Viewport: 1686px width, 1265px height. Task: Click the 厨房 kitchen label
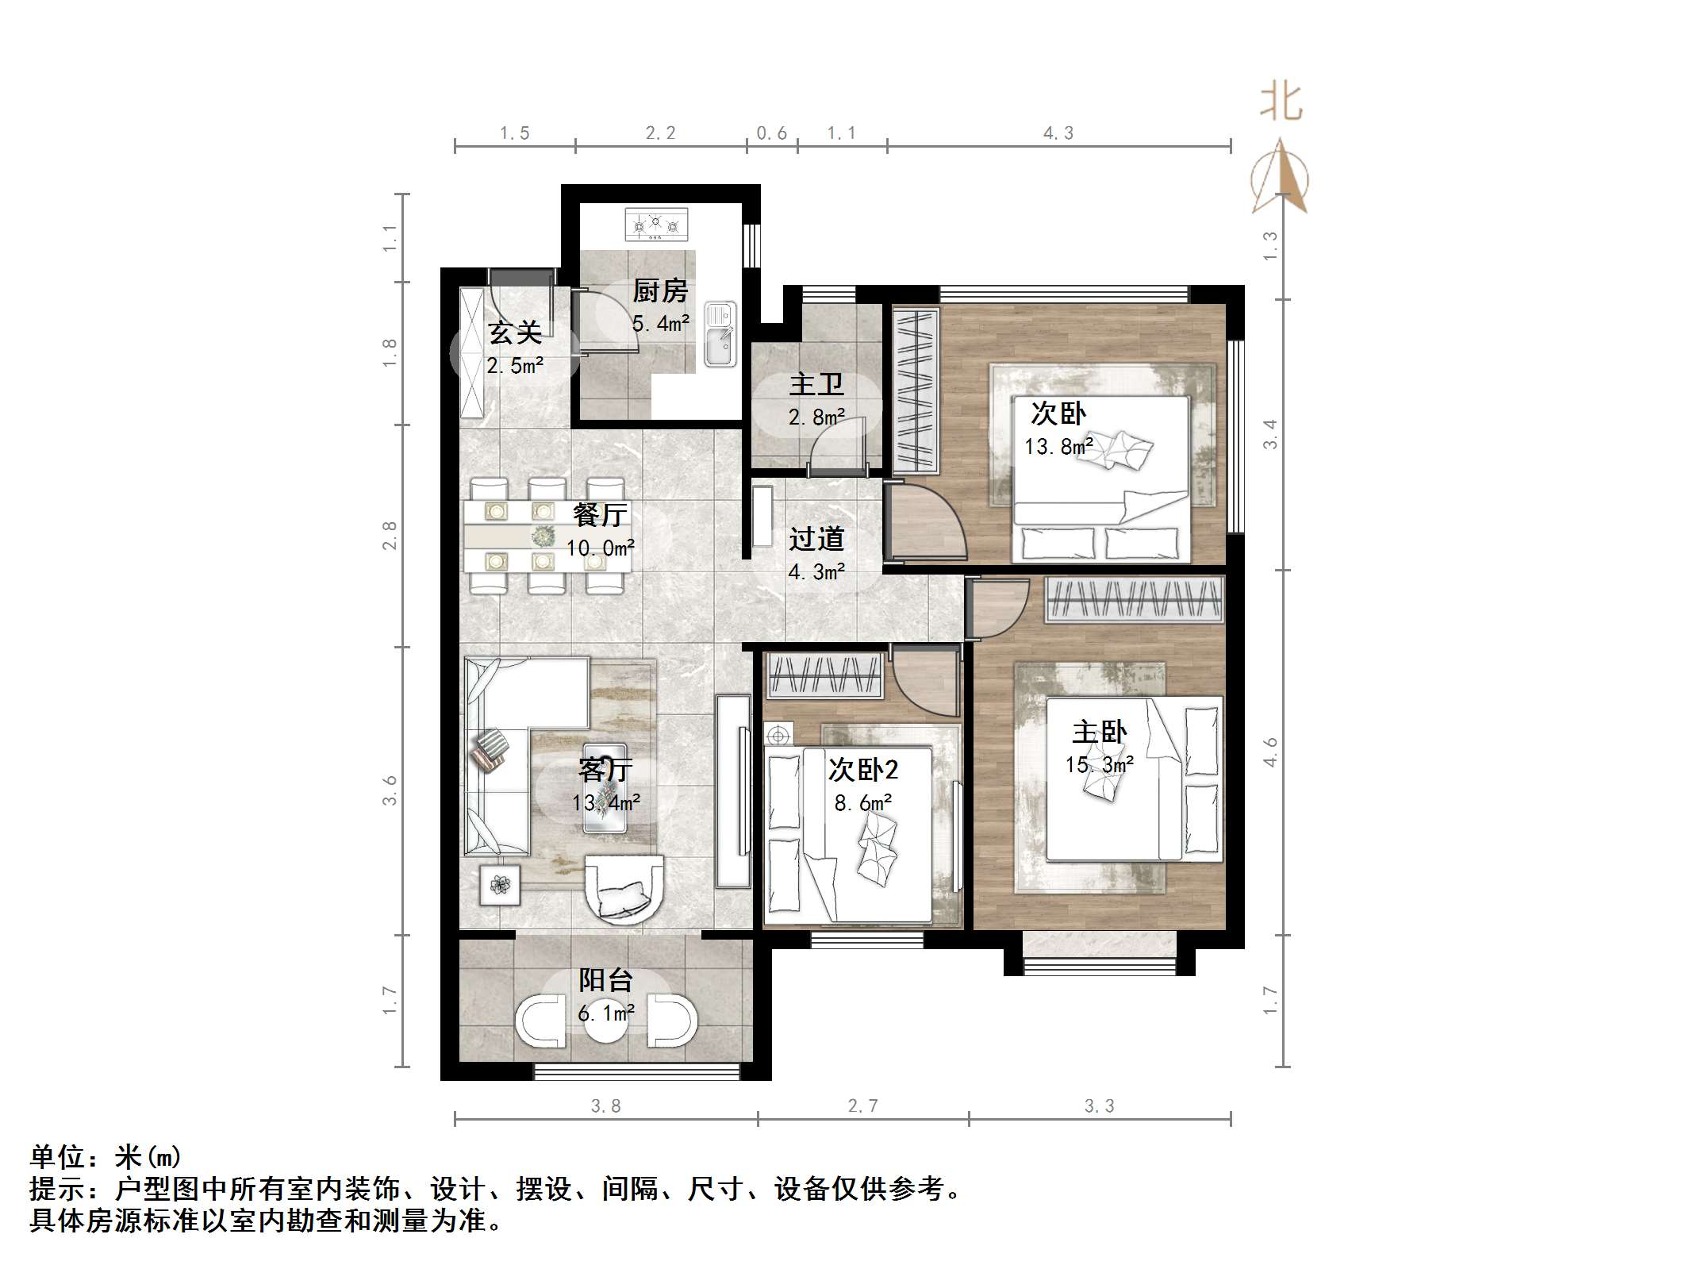(x=660, y=292)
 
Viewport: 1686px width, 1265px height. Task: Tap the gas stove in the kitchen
(x=656, y=225)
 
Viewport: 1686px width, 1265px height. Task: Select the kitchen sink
(x=720, y=335)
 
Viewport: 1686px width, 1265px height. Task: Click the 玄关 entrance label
(x=515, y=333)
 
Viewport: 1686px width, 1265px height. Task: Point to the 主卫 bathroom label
(x=816, y=385)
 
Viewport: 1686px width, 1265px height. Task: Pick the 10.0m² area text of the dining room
(x=600, y=548)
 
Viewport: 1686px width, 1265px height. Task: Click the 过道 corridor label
(x=816, y=540)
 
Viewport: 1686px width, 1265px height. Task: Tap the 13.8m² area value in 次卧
(x=1058, y=447)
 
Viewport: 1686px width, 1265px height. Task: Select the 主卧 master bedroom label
(x=1099, y=732)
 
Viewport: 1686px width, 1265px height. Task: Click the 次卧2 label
(x=863, y=769)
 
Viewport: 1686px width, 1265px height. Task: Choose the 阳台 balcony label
(x=605, y=980)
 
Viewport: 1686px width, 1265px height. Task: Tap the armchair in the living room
(x=624, y=888)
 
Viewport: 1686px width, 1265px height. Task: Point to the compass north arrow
(x=1279, y=179)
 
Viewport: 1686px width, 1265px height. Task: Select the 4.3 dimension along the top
(x=1058, y=133)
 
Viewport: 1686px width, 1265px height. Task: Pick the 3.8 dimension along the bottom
(x=605, y=1105)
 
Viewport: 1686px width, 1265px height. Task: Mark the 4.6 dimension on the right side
(x=1270, y=752)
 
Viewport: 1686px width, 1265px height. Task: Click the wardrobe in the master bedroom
(x=1135, y=599)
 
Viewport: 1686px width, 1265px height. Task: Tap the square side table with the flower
(x=500, y=884)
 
